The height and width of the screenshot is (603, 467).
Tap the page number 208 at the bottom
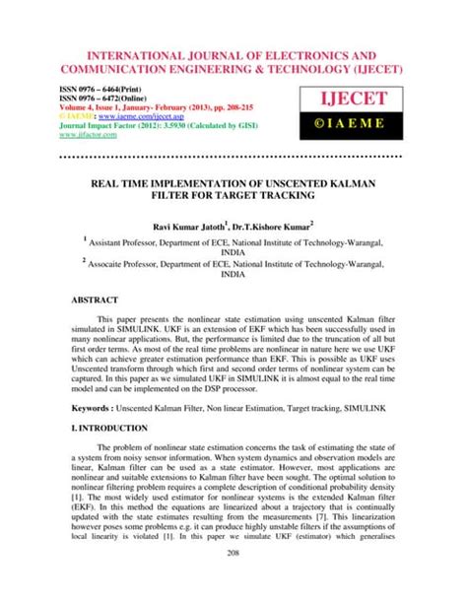click(233, 582)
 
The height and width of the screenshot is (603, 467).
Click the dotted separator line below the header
click(233, 156)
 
